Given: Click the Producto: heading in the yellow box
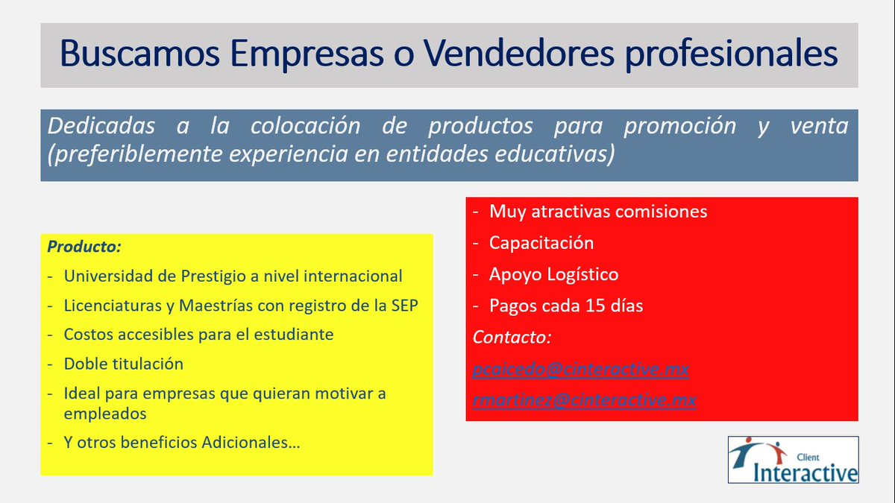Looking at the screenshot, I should coord(84,246).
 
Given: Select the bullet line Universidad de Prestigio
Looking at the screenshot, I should coord(233,276).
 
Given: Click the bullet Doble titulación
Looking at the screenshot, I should coord(123,364).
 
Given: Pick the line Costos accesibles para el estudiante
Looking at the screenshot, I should coord(198,335).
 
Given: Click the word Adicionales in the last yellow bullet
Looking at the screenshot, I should coord(251,442).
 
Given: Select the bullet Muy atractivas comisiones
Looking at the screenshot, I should coord(597,211).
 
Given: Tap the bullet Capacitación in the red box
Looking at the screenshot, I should coord(541,243).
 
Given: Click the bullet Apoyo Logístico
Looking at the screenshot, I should coord(553,274).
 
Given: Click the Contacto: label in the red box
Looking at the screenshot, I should coord(512,337).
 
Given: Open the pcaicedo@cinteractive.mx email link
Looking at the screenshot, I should coord(580,369).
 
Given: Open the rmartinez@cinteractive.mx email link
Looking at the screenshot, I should coord(584,400).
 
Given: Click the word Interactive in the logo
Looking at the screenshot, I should coord(805,472).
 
